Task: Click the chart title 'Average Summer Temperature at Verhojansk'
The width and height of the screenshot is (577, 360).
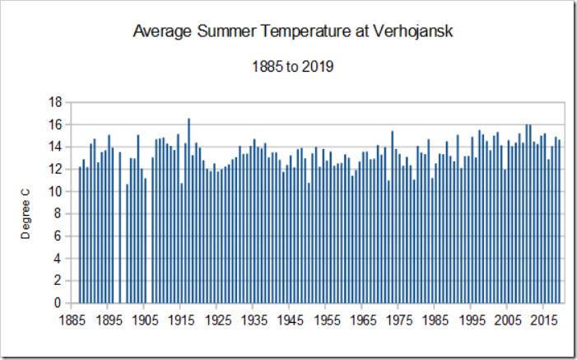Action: click(x=293, y=33)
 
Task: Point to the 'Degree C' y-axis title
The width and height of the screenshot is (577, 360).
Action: click(x=26, y=213)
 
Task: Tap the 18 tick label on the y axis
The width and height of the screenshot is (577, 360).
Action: click(x=55, y=102)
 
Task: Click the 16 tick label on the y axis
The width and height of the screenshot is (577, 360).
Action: click(x=55, y=124)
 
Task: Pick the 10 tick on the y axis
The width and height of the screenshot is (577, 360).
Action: click(x=55, y=191)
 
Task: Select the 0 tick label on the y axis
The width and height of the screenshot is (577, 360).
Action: click(x=58, y=303)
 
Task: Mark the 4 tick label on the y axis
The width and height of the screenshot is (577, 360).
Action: click(x=58, y=259)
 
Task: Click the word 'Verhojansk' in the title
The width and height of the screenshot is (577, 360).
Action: click(x=415, y=33)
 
